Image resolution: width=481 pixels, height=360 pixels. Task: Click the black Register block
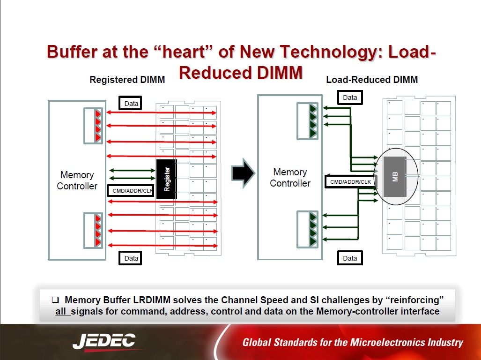pos(167,179)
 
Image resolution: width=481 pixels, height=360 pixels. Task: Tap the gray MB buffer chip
pos(395,176)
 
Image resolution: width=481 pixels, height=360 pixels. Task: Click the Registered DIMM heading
pos(127,80)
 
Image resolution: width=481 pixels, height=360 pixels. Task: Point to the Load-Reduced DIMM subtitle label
pos(372,80)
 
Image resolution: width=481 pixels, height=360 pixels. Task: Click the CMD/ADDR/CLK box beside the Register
pos(131,191)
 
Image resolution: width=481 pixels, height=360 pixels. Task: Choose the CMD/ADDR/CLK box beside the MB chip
pos(350,182)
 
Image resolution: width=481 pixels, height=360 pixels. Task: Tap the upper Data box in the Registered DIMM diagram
pos(130,104)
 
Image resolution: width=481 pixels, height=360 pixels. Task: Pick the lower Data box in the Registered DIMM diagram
pos(130,258)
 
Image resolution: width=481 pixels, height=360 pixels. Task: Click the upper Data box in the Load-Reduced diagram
pos(350,97)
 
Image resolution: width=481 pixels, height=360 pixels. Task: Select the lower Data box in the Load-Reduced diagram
pos(350,258)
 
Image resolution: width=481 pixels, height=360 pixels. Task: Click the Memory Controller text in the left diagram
pos(77,180)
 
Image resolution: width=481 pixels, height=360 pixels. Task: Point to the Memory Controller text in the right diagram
pos(290,178)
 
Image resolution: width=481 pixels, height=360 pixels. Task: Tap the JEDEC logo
pos(104,342)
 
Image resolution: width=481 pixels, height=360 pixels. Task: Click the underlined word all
pos(61,311)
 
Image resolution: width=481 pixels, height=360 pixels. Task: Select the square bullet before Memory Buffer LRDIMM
pos(55,300)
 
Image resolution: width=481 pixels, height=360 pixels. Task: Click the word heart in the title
pos(184,52)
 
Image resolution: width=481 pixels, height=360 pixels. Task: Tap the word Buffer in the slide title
pos(73,52)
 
